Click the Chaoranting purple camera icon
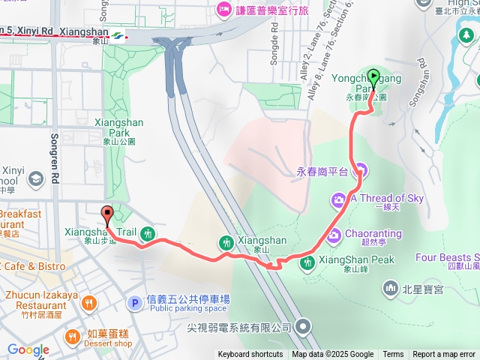click(334, 234)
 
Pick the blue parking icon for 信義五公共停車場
click(134, 304)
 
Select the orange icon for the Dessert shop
click(73, 334)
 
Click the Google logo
click(28, 350)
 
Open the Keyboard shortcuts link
click(250, 355)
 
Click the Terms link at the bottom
click(393, 355)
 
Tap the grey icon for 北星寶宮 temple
click(390, 287)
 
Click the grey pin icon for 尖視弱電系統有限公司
click(302, 326)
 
